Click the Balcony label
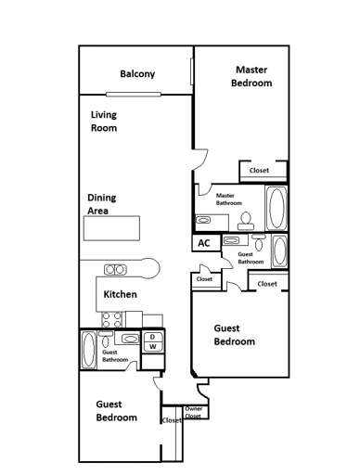(x=137, y=75)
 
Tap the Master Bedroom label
(x=252, y=76)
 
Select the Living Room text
(x=103, y=122)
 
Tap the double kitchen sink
(x=116, y=270)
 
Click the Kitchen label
(x=121, y=294)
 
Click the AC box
(x=204, y=243)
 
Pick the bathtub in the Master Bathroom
(x=276, y=208)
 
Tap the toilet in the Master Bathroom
(x=246, y=219)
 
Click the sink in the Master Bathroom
(x=204, y=220)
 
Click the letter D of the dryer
(x=153, y=337)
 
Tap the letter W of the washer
(x=153, y=347)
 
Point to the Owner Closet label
(x=194, y=412)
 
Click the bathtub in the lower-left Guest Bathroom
(x=89, y=352)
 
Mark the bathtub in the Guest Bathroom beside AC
(x=279, y=250)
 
